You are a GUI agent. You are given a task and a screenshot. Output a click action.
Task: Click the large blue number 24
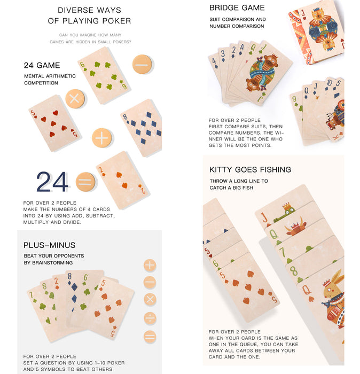coord(52,182)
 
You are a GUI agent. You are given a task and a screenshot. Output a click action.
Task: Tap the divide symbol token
coord(150,318)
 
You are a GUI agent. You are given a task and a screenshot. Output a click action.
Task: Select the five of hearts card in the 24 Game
coord(55,123)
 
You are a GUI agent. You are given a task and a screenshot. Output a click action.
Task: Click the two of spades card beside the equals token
coord(123,181)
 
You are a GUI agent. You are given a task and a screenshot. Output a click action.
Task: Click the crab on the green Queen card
coord(295,229)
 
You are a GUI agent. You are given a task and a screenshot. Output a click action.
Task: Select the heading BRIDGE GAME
coord(237,8)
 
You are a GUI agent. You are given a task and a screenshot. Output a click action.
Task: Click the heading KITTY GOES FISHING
coord(250,169)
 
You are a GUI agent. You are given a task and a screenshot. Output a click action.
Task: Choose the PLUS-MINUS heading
coord(49,245)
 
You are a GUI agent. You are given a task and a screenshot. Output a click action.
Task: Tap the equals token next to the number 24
coord(85,182)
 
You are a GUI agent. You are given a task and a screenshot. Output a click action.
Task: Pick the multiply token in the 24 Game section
coord(75,99)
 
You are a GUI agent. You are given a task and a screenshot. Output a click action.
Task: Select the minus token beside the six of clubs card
coord(142,64)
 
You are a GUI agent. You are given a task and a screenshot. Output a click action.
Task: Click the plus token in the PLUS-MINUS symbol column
coord(150,265)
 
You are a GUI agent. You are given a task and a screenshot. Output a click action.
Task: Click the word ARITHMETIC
coord(60,76)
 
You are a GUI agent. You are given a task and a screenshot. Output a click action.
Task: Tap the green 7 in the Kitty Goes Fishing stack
coord(283,252)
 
